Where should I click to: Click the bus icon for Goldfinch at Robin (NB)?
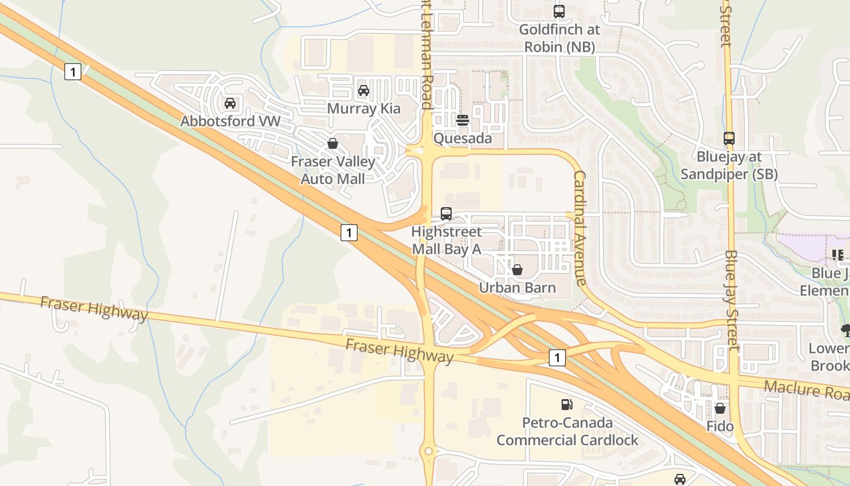tap(559, 12)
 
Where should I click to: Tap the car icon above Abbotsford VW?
tap(230, 103)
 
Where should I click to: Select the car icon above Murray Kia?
tap(364, 91)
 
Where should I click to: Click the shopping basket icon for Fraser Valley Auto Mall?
tap(333, 144)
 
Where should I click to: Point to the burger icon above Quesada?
tap(463, 120)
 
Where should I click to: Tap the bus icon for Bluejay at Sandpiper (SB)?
tap(729, 139)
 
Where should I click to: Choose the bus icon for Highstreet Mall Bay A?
tap(446, 214)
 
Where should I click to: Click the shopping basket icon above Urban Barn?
tap(517, 270)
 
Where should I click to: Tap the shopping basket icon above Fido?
tap(720, 408)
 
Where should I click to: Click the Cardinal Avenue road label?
tap(580, 228)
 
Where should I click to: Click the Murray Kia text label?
tap(364, 109)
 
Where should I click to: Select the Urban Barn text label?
tap(517, 287)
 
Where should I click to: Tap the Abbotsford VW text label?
tap(231, 121)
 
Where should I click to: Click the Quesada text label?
tap(463, 139)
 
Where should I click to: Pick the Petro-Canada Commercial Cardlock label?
tap(567, 431)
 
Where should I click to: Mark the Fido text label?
tap(720, 426)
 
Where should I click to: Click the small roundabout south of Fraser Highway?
tap(429, 451)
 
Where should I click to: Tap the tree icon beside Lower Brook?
tap(845, 330)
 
